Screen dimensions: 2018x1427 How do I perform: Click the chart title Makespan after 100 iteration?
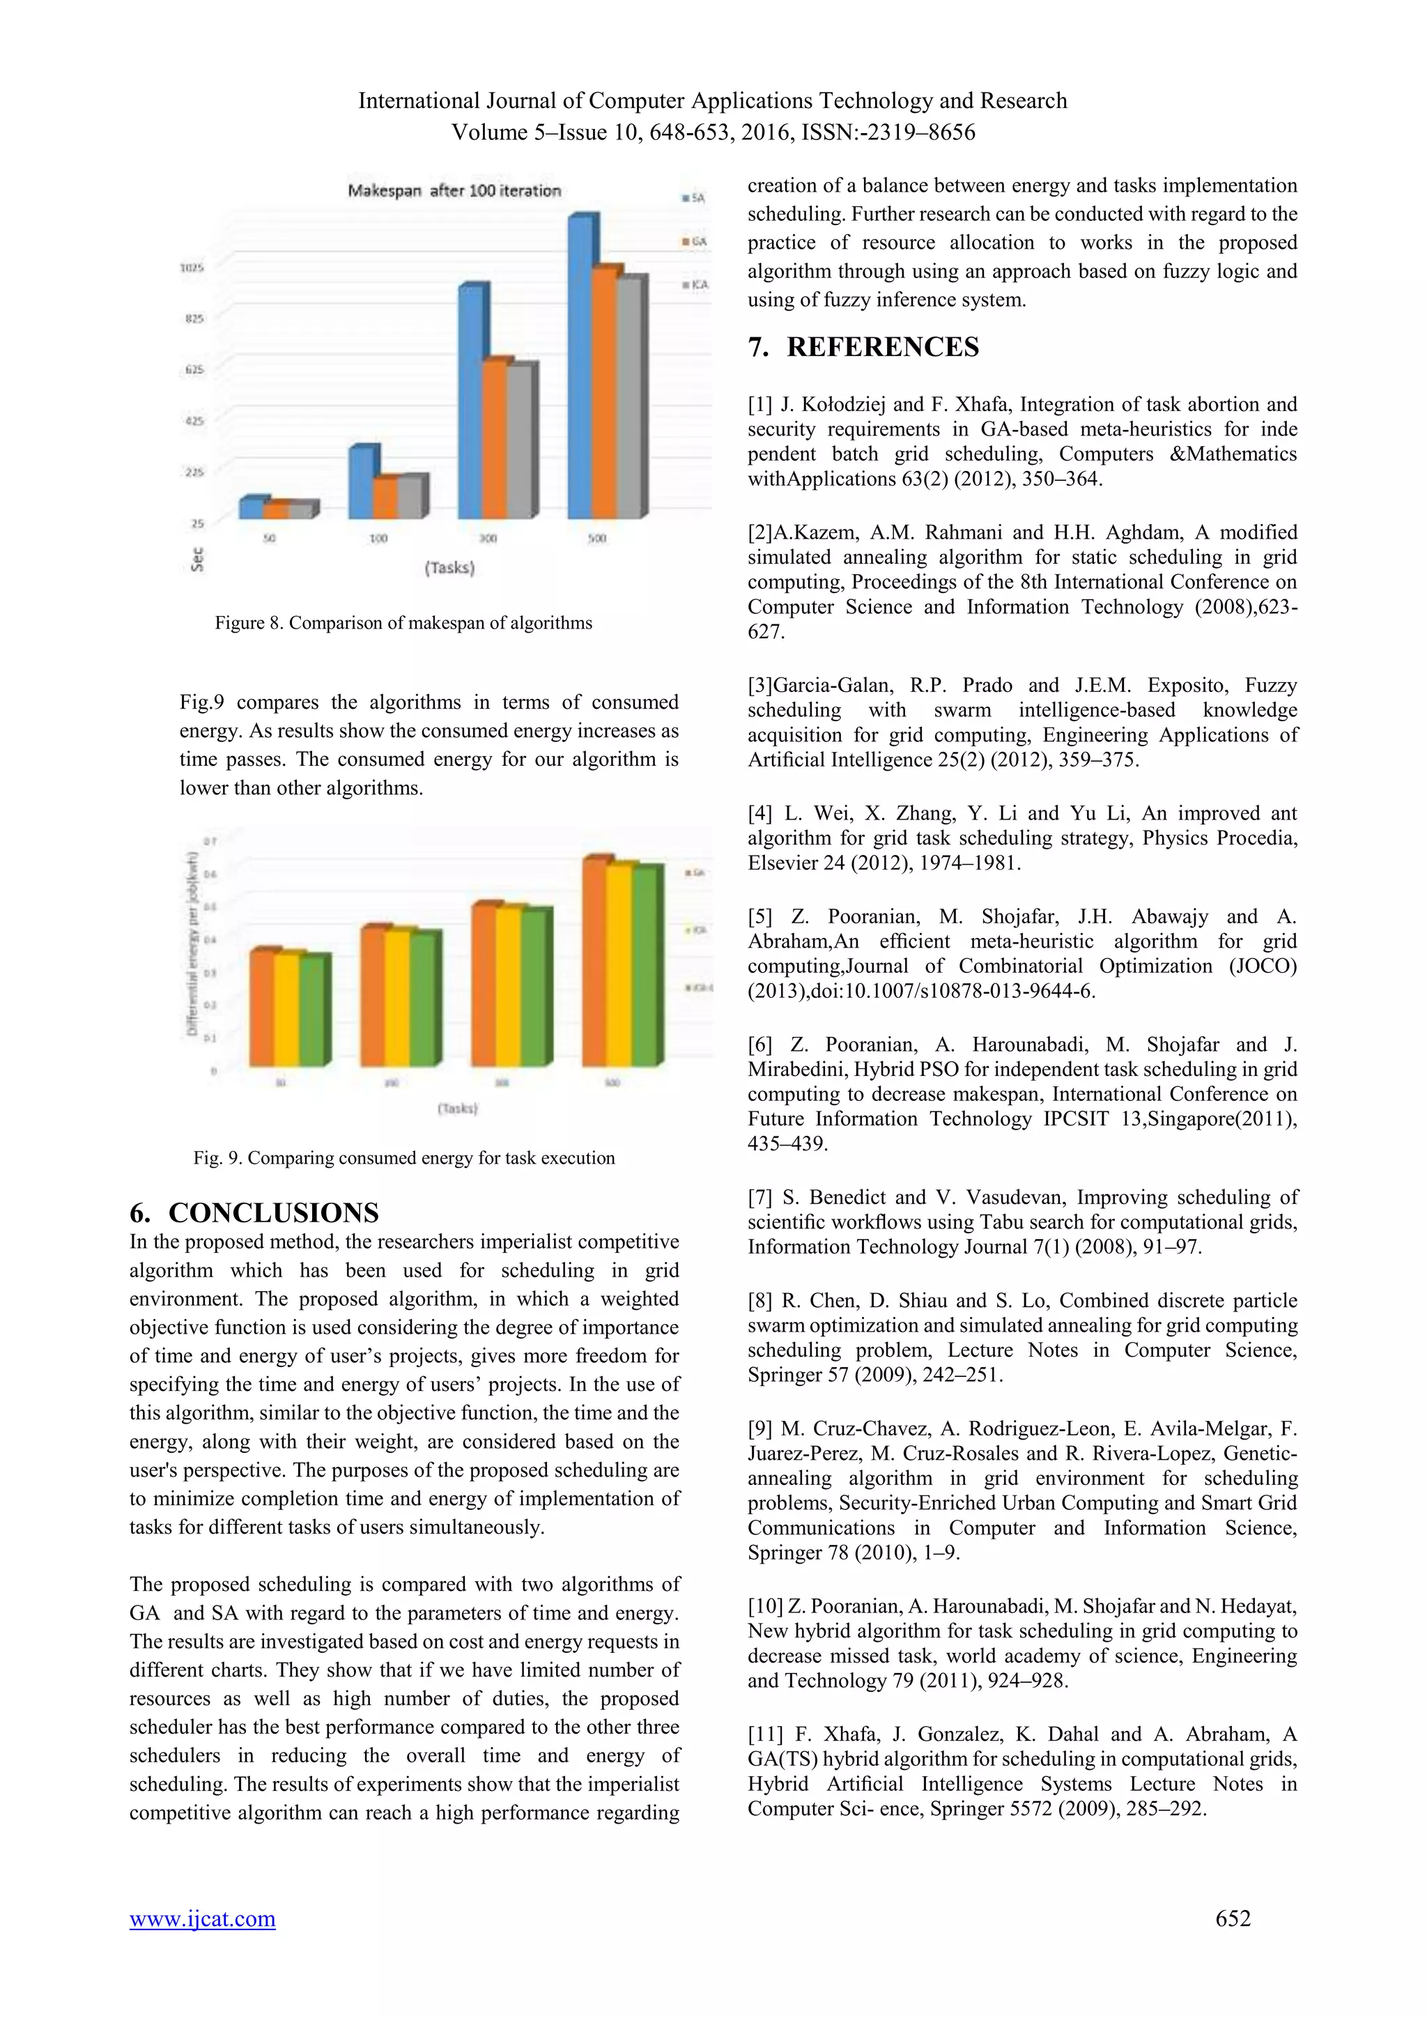point(454,191)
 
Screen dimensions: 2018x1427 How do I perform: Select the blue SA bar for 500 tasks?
point(579,369)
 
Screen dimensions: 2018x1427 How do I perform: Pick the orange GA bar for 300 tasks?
point(495,440)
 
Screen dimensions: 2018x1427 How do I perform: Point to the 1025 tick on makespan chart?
point(192,267)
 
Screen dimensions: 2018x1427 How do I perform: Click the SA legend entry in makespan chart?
point(694,199)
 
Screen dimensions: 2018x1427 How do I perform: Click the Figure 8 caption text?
point(403,623)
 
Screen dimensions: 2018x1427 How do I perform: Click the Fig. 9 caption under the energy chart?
point(403,1157)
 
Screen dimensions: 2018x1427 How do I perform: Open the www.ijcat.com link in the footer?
point(202,1918)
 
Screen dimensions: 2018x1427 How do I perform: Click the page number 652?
point(1232,1918)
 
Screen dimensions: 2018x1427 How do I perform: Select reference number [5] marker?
point(760,917)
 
